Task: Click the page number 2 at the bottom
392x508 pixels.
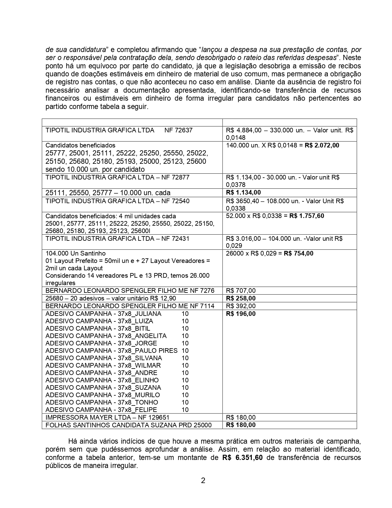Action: click(x=203, y=481)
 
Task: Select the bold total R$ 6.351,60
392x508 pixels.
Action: click(x=242, y=458)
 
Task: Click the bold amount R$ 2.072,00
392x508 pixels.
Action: click(x=322, y=145)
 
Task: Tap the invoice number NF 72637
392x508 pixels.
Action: click(x=178, y=130)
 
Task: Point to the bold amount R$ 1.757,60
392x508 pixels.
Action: click(x=307, y=216)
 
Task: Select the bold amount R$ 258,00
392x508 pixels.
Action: click(x=241, y=298)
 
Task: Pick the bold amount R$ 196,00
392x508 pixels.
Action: click(x=241, y=314)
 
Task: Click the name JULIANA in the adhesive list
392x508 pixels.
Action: click(x=148, y=314)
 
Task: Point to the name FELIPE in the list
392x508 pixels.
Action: click(x=146, y=410)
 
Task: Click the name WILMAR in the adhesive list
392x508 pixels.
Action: click(x=148, y=365)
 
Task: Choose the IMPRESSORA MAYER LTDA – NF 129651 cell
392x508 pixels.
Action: click(x=107, y=417)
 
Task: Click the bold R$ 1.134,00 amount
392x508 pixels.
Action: click(x=243, y=193)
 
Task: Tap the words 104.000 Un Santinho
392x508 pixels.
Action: click(x=76, y=253)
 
